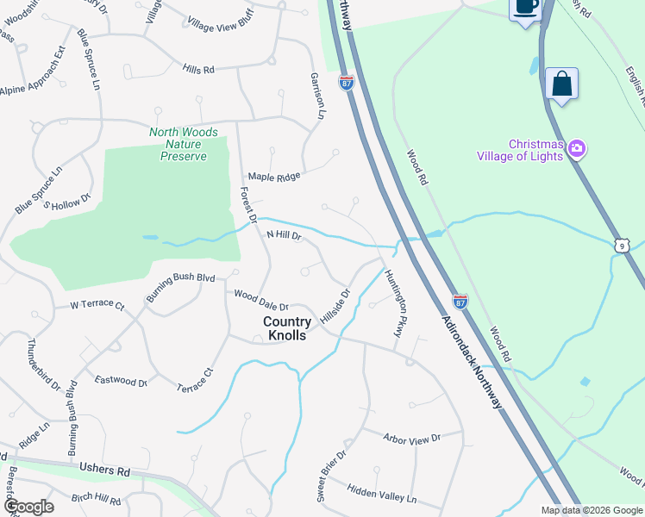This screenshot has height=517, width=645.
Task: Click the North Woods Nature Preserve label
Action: [x=178, y=144]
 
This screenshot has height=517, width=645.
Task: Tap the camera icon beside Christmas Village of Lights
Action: [x=576, y=149]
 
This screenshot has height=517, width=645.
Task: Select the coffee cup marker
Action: [x=524, y=7]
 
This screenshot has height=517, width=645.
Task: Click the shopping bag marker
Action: [x=561, y=84]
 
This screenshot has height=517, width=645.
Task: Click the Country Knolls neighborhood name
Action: [x=286, y=328]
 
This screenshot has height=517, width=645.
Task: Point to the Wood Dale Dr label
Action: [x=260, y=299]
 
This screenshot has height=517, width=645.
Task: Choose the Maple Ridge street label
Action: [x=274, y=176]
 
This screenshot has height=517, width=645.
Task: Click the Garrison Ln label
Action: [x=317, y=96]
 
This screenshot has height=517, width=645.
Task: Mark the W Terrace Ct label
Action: [x=97, y=305]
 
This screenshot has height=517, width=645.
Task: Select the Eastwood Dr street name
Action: [x=121, y=380]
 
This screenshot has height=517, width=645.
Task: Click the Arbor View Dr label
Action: [x=412, y=439]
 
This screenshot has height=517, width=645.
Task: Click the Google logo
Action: [x=28, y=507]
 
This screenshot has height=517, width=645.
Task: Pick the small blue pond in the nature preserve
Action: [x=151, y=237]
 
